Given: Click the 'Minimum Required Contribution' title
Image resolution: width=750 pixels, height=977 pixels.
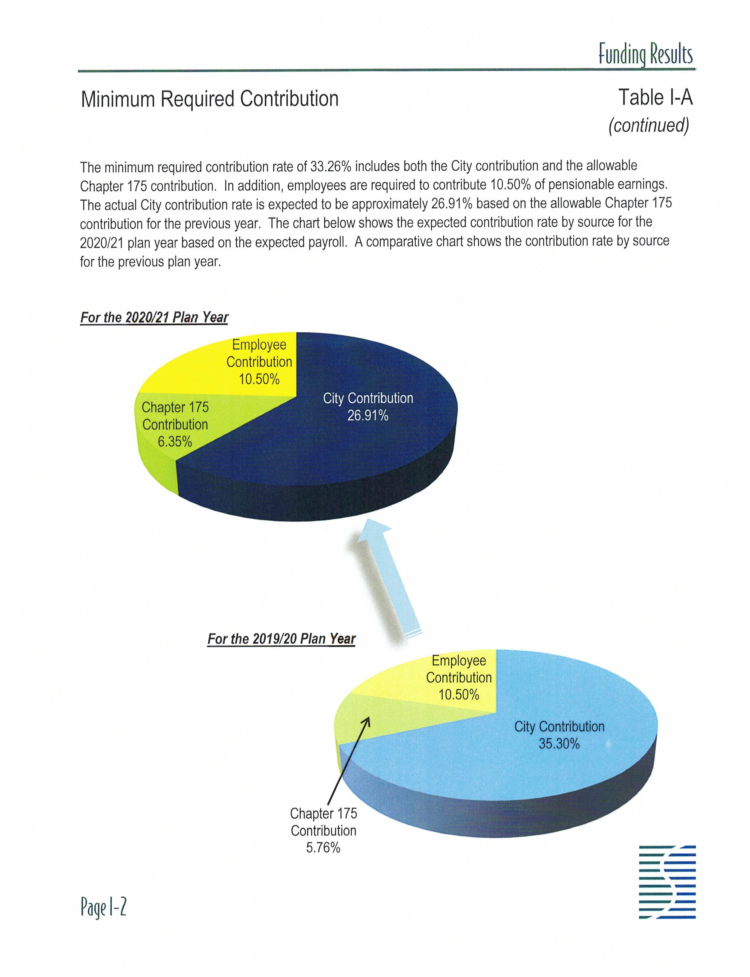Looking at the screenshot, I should click(x=209, y=99).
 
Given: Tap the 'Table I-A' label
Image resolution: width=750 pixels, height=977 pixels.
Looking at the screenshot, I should click(x=655, y=97).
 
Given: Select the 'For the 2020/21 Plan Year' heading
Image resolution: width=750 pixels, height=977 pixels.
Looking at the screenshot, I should click(x=154, y=317).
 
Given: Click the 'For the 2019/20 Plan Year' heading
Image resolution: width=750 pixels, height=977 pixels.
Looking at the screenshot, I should click(x=281, y=638).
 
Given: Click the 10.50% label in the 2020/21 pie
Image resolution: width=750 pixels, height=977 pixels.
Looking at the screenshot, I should click(x=259, y=379).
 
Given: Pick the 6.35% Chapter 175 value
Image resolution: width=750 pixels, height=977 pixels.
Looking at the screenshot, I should click(x=175, y=442).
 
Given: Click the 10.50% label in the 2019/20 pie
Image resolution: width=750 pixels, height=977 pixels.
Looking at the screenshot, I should click(x=458, y=694).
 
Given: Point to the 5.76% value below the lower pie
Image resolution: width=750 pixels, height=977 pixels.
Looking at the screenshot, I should click(x=323, y=847).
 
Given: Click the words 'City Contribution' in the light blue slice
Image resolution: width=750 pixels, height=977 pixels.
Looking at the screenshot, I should click(x=559, y=726).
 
